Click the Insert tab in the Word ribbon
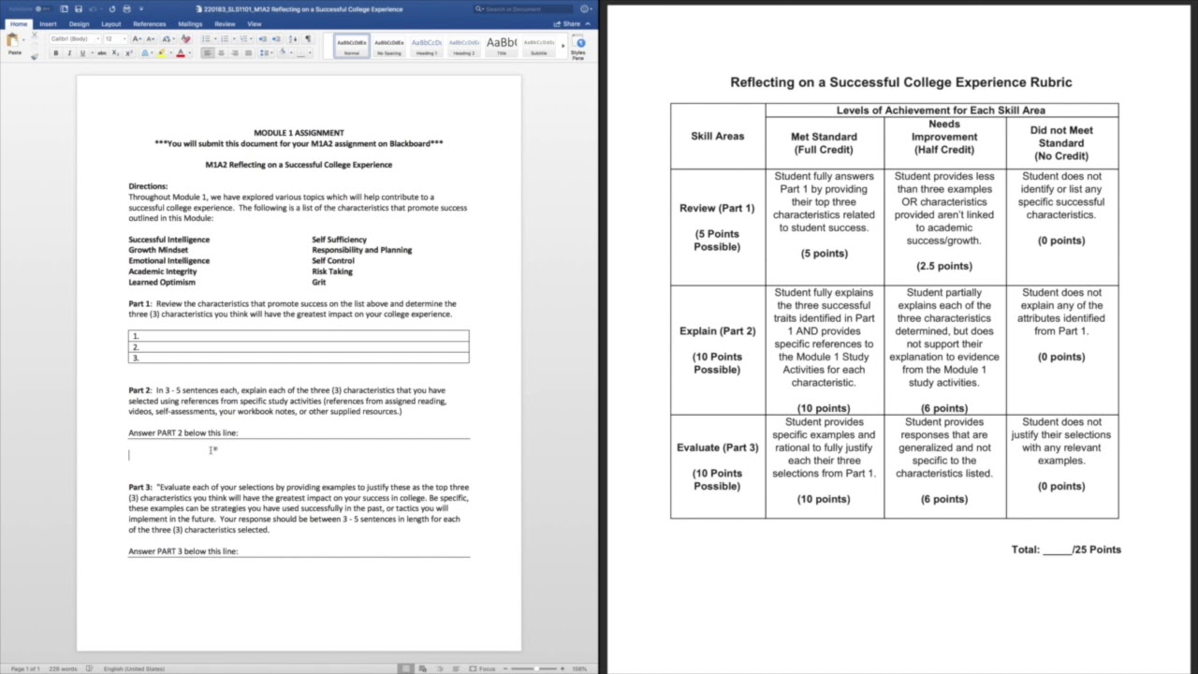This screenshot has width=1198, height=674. tap(48, 24)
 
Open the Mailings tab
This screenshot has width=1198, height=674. tap(190, 24)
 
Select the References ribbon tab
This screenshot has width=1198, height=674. tap(150, 24)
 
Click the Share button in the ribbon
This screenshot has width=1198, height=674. tap(567, 24)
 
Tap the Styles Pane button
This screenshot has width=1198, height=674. tap(578, 47)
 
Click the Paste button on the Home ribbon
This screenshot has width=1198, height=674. tap(14, 44)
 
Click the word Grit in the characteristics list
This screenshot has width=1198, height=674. tap(319, 282)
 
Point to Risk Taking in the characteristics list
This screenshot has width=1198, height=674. tap(332, 271)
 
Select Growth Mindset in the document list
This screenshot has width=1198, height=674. tap(158, 250)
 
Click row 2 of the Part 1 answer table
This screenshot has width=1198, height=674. tap(299, 347)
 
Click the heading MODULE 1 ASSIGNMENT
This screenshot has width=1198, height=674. tap(299, 133)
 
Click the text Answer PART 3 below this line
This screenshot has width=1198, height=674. tap(183, 551)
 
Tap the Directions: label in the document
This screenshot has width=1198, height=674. tap(148, 186)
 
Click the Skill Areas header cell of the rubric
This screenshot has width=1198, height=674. tap(718, 137)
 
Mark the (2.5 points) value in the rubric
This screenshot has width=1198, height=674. tap(944, 266)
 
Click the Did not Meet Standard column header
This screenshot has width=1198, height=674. tap(1061, 143)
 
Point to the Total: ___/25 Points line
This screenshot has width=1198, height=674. tap(1066, 549)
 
